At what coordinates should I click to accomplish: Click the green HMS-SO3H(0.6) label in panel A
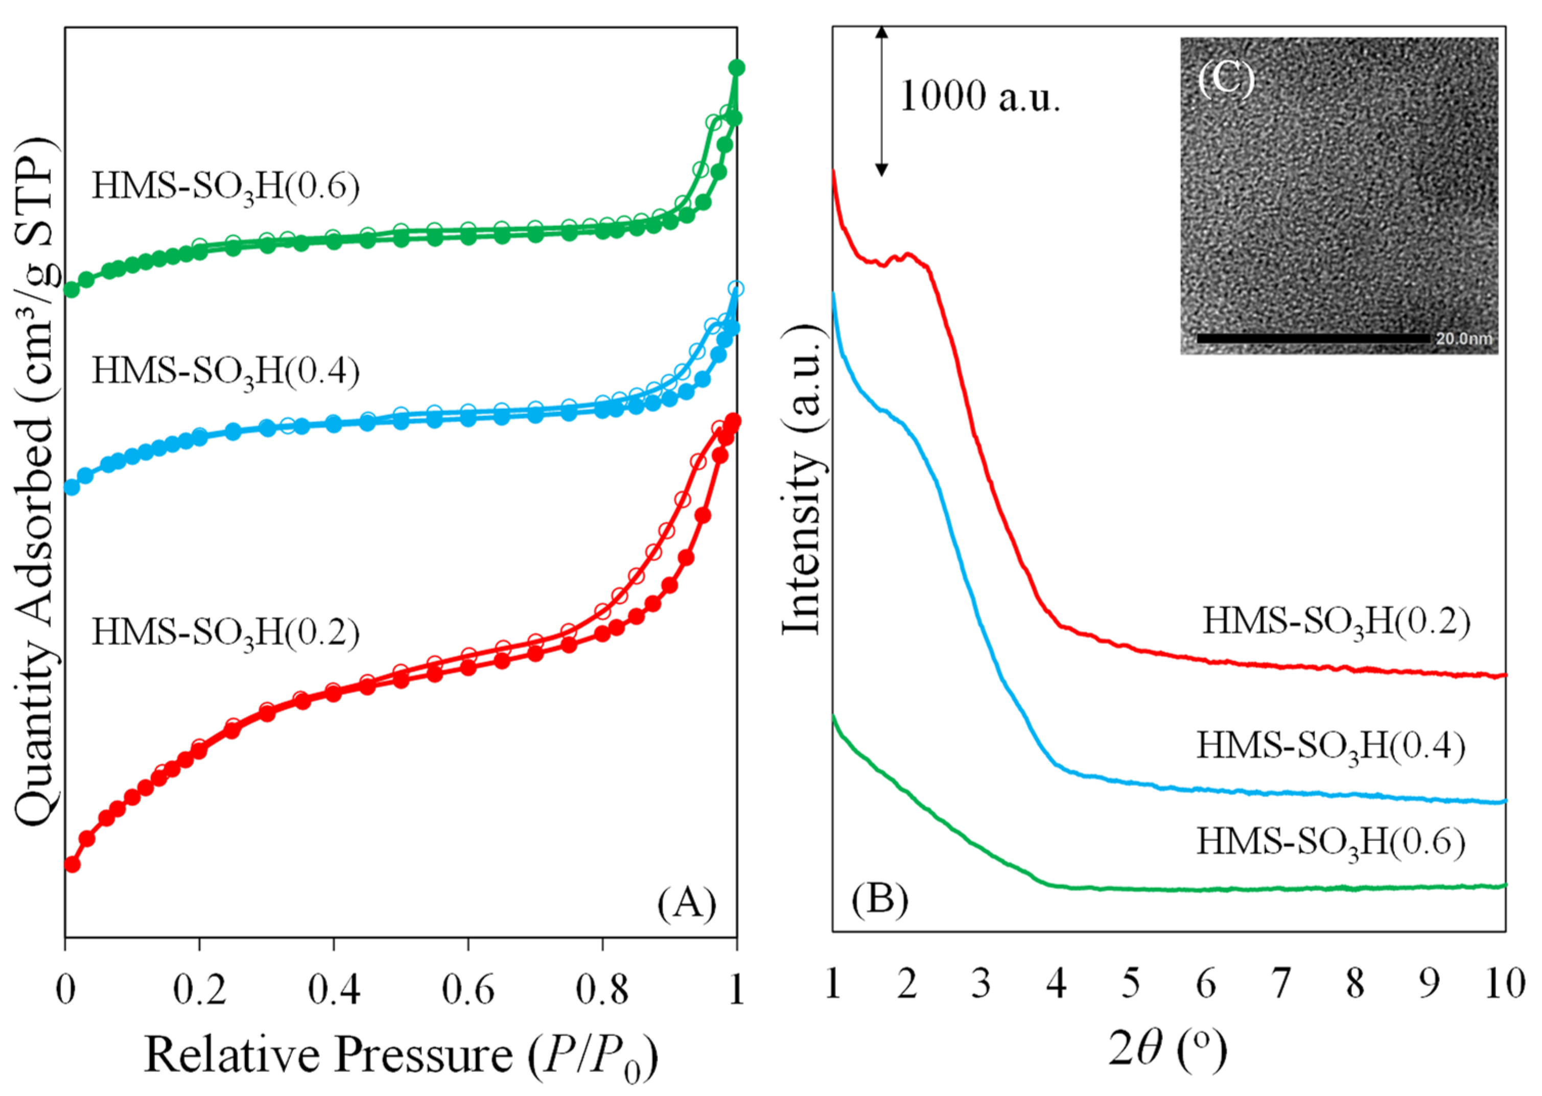point(225,187)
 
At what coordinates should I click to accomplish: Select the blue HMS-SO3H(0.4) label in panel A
point(225,371)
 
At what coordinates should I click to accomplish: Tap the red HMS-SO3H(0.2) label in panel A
point(225,633)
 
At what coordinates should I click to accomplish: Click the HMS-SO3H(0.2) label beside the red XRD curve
point(1336,622)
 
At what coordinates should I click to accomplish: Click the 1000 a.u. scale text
point(979,97)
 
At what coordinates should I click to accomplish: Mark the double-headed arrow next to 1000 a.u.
point(881,101)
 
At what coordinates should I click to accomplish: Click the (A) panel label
point(687,902)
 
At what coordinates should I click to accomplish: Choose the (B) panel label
point(879,899)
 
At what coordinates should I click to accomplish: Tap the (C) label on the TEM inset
point(1225,79)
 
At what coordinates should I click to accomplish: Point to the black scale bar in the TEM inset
point(1313,338)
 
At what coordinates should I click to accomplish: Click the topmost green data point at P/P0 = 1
point(737,67)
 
